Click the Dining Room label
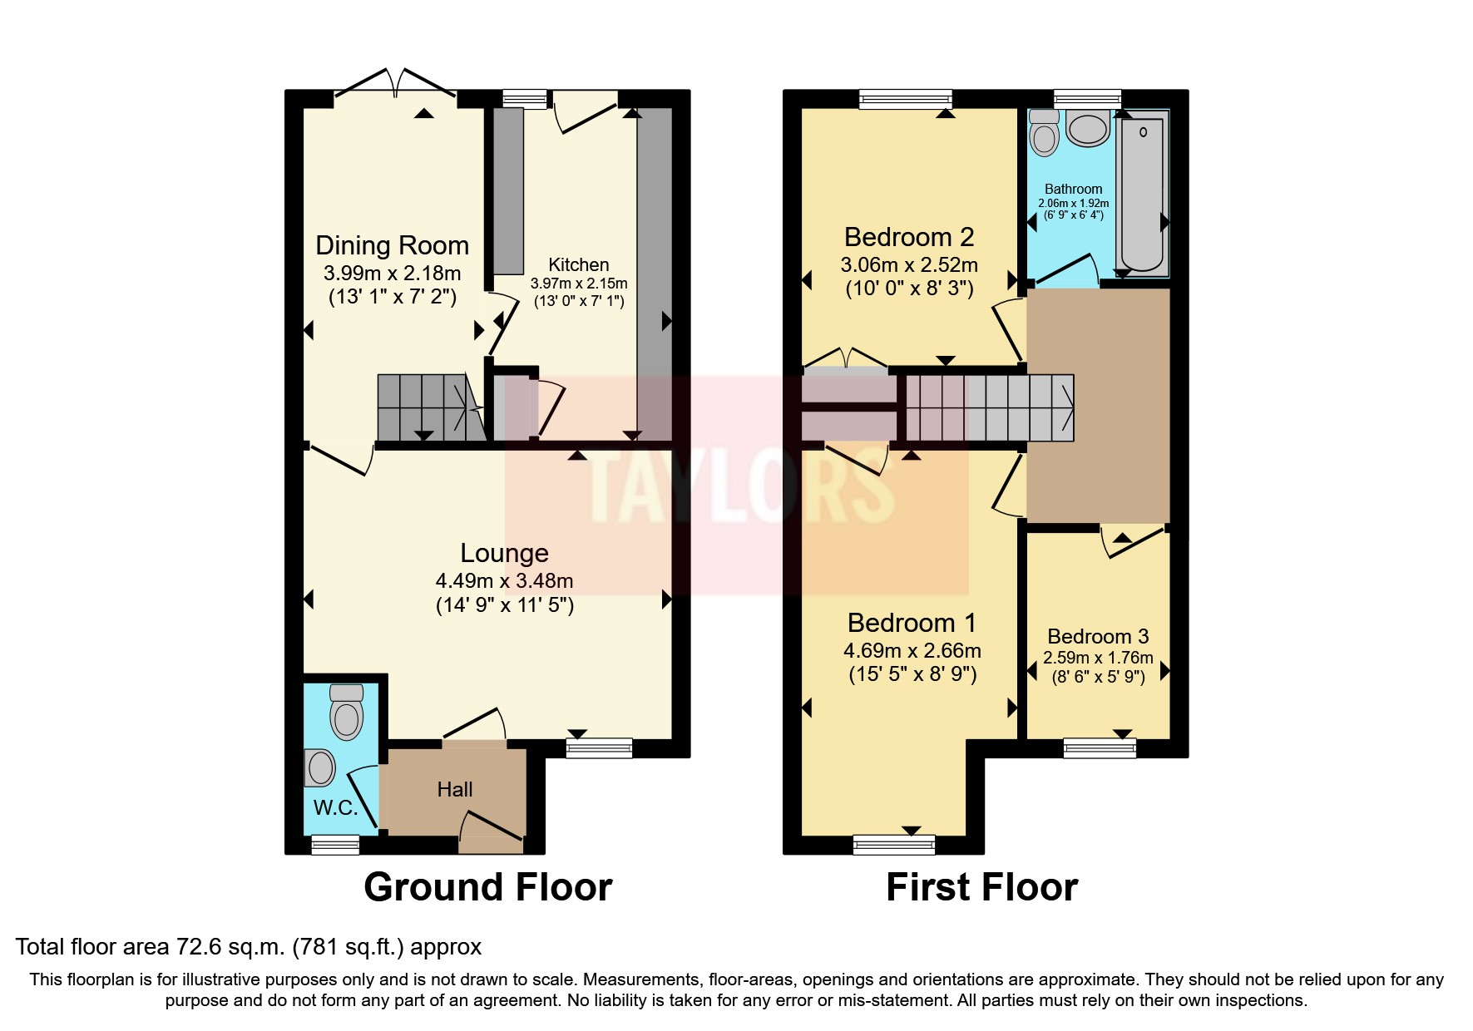pos(392,245)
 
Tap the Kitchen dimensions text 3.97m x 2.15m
pos(579,284)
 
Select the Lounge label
pos(504,553)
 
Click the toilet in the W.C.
pos(346,712)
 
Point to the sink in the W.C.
pos(320,767)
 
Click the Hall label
pos(455,789)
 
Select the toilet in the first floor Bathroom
pos(1044,133)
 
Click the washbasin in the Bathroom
pos(1087,129)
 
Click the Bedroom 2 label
pos(908,237)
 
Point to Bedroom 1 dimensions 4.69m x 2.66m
pos(912,650)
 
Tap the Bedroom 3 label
pos(1098,636)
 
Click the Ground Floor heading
pos(487,887)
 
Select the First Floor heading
pos(981,887)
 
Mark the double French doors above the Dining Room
pos(396,84)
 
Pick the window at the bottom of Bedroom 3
pos(1100,748)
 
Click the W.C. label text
pos(335,807)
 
